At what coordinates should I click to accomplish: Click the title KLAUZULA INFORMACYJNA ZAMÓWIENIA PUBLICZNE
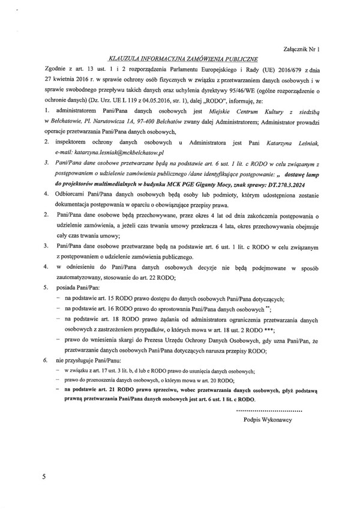tap(180, 59)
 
